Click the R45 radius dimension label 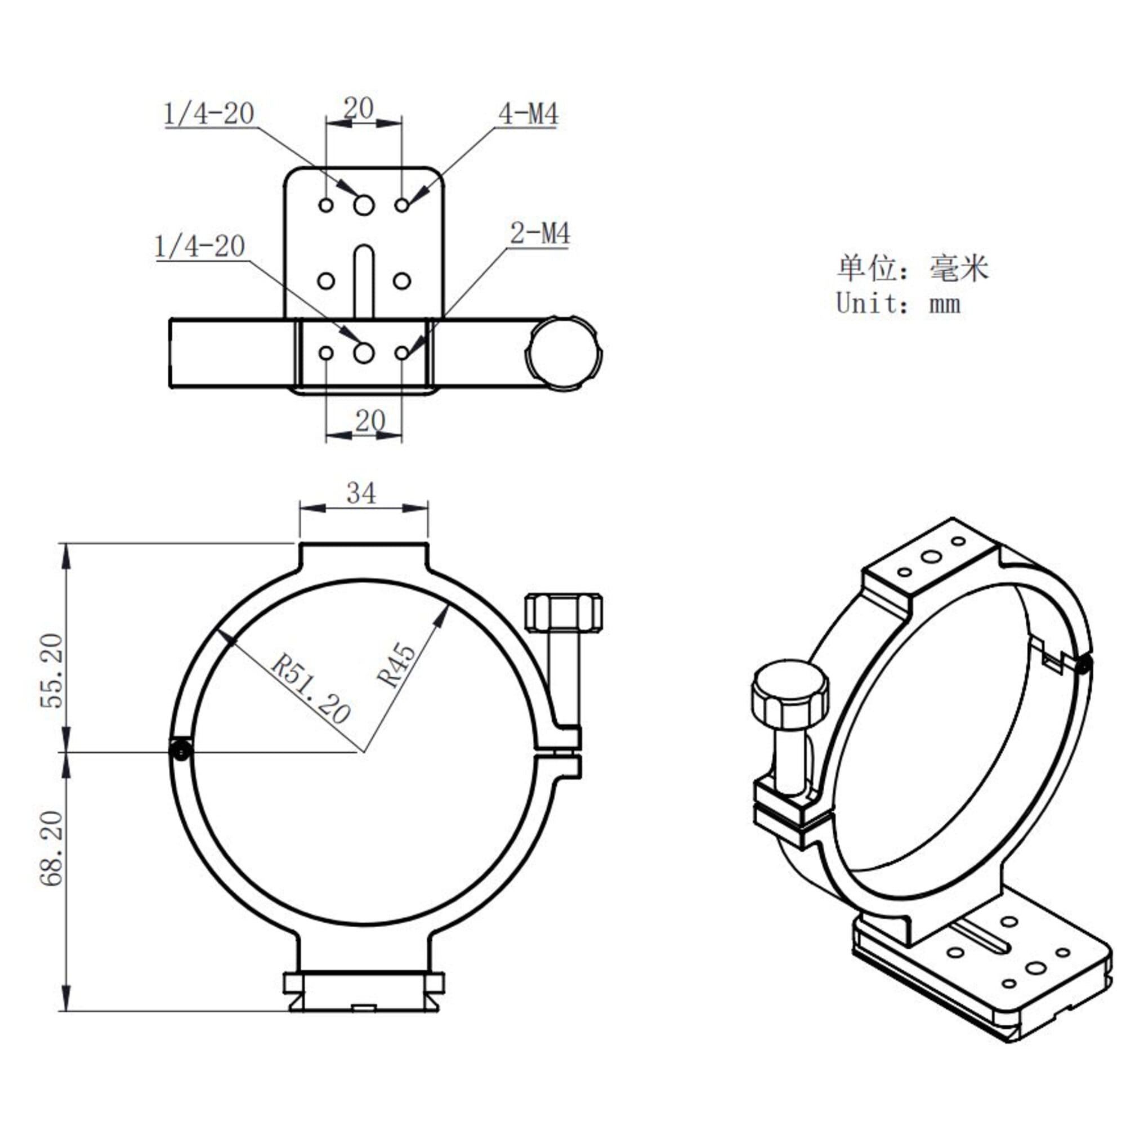coord(397,665)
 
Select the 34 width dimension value coord(361,494)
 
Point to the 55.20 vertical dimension coord(51,670)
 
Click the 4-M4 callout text coord(528,114)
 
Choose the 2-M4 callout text coord(540,234)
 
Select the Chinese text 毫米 coord(959,269)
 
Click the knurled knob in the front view coord(564,613)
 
